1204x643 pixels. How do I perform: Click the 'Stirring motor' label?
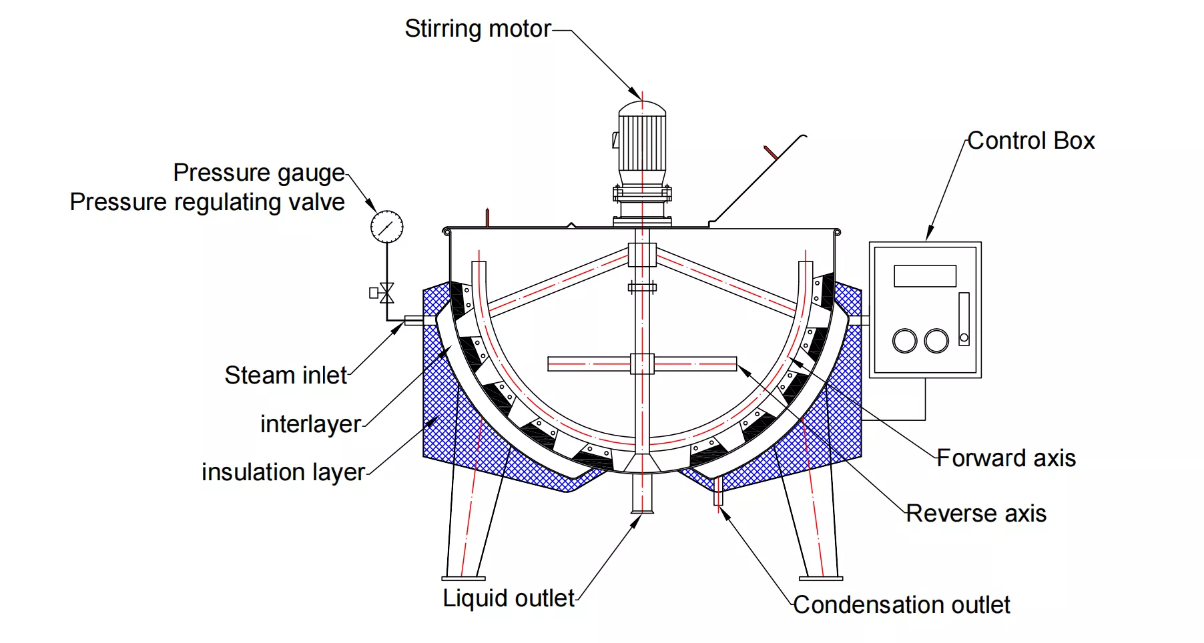pos(478,29)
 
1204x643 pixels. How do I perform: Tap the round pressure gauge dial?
pos(387,227)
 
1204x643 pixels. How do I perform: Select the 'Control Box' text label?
pos(1031,141)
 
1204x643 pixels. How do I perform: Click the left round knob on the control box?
pos(905,340)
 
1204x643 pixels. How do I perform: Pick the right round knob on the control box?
pos(936,340)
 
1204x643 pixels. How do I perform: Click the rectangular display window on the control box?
pos(925,276)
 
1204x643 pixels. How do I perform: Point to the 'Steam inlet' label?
pos(286,376)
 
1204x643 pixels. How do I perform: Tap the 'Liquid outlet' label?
pos(509,598)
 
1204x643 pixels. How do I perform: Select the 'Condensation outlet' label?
pos(902,605)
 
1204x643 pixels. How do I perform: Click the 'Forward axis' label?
pos(1006,458)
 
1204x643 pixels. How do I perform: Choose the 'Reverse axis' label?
pos(976,514)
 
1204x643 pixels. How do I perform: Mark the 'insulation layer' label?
pos(283,472)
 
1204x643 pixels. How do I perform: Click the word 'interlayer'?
pos(311,424)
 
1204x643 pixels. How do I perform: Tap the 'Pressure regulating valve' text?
pos(208,202)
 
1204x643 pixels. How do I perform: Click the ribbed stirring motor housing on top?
pos(642,141)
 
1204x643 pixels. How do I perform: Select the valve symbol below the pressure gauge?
pos(386,293)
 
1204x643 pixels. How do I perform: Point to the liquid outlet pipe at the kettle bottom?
pos(642,492)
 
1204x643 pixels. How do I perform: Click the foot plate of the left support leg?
pos(463,578)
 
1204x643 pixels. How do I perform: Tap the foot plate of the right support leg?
pos(821,578)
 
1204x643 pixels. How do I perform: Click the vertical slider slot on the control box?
pos(964,319)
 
